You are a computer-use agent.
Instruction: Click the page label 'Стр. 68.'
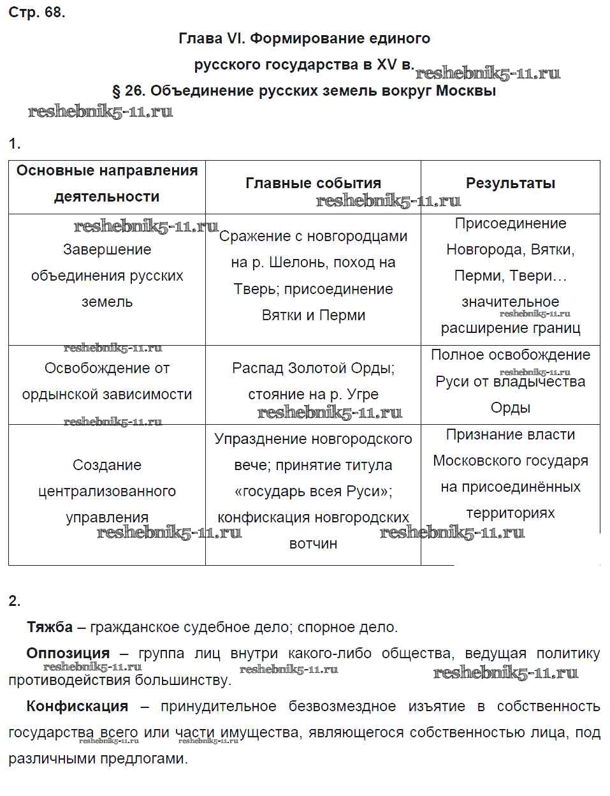coord(36,12)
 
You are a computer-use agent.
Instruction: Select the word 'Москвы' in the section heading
coord(466,91)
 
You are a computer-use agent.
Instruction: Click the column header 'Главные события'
coord(313,184)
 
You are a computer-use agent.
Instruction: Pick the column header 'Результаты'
coord(510,184)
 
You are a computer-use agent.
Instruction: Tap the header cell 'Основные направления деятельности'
coord(107,184)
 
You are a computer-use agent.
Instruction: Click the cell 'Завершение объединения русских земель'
coord(107,276)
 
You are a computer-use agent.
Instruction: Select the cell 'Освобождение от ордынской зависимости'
coord(107,381)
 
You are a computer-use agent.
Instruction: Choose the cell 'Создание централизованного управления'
coord(107,491)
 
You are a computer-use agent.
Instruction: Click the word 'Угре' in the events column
coord(361,395)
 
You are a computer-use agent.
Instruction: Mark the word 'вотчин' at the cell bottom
coord(313,544)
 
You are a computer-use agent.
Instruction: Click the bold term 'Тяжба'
coord(50,628)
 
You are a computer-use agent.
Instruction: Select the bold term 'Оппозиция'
coord(68,654)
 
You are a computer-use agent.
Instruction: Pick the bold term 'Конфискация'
coord(77,707)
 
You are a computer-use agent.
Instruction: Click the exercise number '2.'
coord(15,601)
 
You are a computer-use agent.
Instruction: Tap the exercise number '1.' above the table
coord(15,144)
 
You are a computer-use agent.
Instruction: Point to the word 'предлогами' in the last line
coord(149,760)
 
